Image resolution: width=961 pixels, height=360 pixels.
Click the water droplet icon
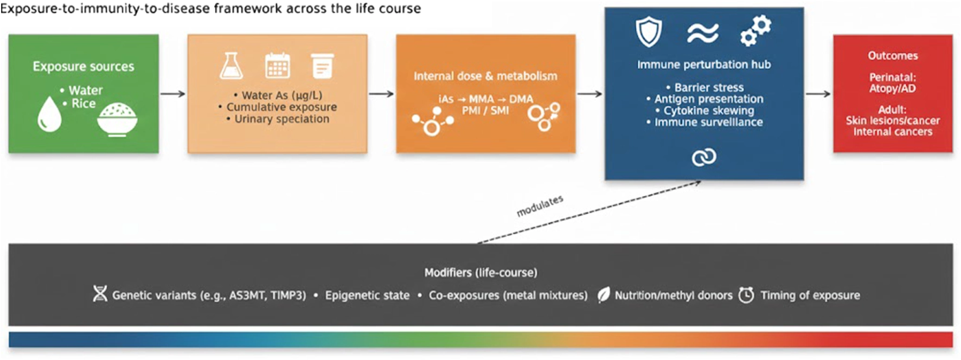point(49,114)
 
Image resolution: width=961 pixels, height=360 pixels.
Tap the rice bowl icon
point(117,119)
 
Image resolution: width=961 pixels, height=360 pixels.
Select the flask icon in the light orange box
point(231,66)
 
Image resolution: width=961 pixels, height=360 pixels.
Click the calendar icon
point(277,66)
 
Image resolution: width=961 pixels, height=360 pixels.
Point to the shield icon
point(649,32)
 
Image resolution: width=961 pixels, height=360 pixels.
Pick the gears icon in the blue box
point(755,31)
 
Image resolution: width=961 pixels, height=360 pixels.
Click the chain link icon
point(704,157)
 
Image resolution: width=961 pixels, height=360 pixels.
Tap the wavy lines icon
point(703,33)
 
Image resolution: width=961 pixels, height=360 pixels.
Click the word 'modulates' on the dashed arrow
point(540,206)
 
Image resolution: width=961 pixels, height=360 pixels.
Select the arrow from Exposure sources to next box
point(173,94)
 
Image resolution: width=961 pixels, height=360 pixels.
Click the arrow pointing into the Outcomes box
point(818,94)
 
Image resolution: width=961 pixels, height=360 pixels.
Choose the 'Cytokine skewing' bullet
point(708,111)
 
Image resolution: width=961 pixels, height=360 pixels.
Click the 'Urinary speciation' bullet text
point(281,119)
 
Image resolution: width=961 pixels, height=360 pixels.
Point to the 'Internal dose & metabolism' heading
point(485,76)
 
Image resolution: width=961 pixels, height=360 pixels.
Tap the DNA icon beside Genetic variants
point(100,294)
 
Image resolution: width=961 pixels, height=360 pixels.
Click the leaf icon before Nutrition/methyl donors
point(603,295)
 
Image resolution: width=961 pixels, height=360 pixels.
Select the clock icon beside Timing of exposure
point(746,295)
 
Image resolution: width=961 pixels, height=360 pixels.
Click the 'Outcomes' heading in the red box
point(893,55)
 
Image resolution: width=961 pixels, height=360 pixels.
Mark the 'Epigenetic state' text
point(367,295)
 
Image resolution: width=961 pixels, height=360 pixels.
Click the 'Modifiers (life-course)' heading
point(480,272)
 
